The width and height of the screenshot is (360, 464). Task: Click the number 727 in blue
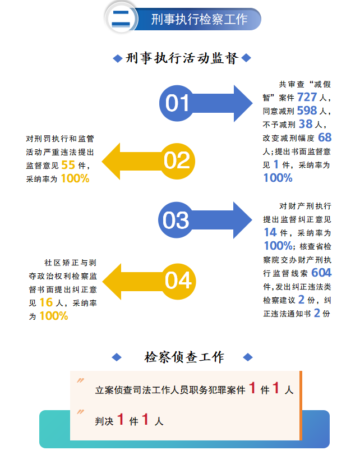pos(307,97)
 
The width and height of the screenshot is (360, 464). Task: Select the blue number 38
pos(306,124)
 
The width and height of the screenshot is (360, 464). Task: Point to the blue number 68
pos(325,137)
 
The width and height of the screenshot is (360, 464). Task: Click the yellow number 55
pos(68,165)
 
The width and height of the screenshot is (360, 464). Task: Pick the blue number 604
pos(321,273)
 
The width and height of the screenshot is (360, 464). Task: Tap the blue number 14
pos(270,232)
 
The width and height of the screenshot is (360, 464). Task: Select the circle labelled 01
pos(177,103)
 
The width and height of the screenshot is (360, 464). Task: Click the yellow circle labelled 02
pos(177,160)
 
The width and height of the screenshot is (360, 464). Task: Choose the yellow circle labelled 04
pos(178,279)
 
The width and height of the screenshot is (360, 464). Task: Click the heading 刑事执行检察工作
pos(199,19)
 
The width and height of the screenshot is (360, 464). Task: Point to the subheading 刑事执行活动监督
pos(182,58)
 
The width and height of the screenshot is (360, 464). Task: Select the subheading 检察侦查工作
pos(184,357)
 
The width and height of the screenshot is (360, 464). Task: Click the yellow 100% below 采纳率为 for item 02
pos(75,178)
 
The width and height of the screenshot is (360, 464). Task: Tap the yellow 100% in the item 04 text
pos(53,316)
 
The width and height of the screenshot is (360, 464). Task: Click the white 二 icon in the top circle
pos(122,17)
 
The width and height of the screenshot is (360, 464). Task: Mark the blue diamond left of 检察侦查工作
pos(117,357)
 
